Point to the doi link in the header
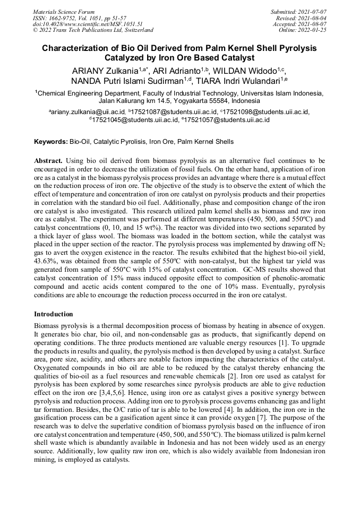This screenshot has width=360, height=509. [x=88, y=24]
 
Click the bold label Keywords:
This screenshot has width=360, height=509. [x=51, y=142]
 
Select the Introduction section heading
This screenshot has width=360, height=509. [x=53, y=314]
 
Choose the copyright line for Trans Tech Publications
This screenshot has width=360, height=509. [x=93, y=30]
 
